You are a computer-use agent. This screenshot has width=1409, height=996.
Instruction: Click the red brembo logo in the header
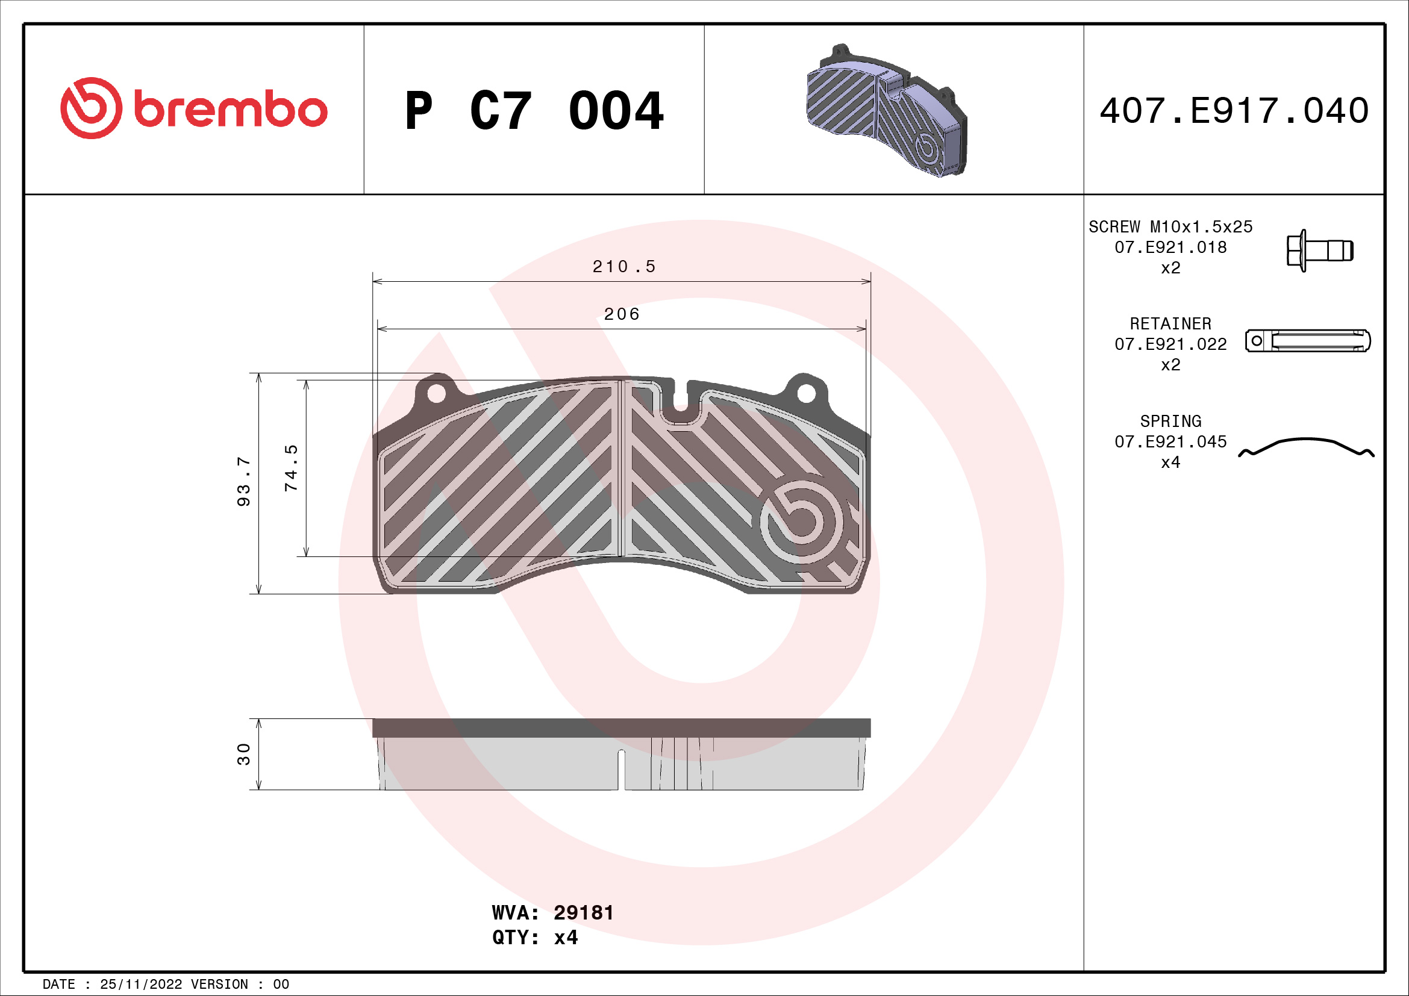[x=193, y=108]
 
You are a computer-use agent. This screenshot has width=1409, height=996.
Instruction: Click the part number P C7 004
[x=534, y=111]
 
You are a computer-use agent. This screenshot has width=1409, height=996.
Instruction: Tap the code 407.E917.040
[x=1234, y=111]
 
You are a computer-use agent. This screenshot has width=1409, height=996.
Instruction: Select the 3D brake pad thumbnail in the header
[x=886, y=110]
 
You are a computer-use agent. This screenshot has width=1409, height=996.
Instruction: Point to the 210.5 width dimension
[x=623, y=267]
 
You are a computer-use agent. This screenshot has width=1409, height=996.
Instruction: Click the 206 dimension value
[x=622, y=314]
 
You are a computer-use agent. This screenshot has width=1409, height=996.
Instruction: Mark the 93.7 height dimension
[x=243, y=482]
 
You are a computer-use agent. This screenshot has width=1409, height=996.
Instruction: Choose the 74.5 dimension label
[x=291, y=468]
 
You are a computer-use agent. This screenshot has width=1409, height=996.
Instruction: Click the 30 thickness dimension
[x=243, y=755]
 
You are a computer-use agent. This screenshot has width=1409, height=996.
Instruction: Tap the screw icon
[x=1319, y=251]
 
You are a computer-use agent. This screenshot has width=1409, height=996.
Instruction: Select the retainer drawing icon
[x=1308, y=340]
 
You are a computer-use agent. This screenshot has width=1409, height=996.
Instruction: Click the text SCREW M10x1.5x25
[x=1170, y=227]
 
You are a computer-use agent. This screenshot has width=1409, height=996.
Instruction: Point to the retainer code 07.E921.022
[x=1170, y=344]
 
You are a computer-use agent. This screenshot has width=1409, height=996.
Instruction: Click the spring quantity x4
[x=1170, y=462]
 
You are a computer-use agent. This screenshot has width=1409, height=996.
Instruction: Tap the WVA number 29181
[x=583, y=912]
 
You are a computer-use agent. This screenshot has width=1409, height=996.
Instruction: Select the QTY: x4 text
[x=534, y=938]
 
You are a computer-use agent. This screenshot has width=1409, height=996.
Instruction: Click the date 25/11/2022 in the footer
[x=140, y=985]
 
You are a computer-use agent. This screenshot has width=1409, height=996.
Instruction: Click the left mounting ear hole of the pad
[x=436, y=393]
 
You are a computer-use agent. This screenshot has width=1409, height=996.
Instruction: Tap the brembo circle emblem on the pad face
[x=801, y=519]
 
